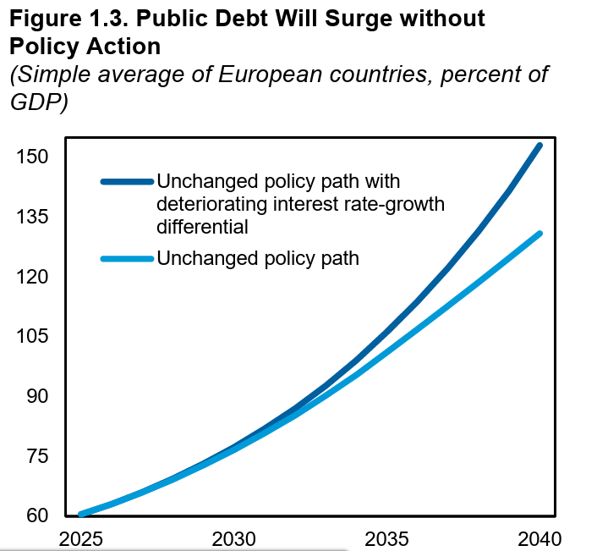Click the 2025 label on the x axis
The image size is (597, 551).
[80, 539]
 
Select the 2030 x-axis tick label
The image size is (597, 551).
[233, 539]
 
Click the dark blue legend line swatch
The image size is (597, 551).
[127, 181]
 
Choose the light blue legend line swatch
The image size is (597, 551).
[127, 259]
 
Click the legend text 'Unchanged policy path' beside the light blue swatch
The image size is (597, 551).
[258, 259]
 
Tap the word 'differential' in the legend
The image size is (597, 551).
[203, 227]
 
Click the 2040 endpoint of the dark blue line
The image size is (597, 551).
[539, 146]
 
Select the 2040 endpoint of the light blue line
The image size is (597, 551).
[539, 234]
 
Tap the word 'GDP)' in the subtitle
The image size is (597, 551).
[38, 102]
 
